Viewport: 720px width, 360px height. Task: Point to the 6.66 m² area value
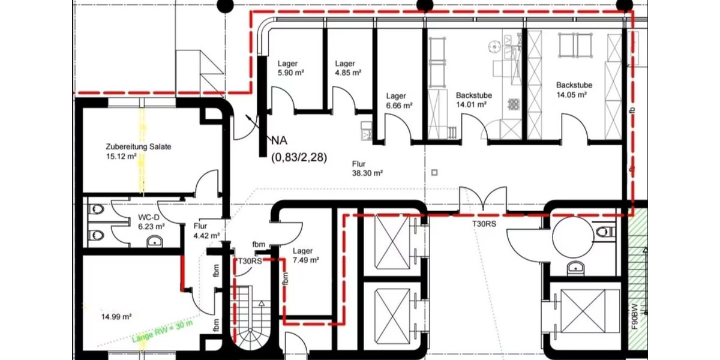click(399, 105)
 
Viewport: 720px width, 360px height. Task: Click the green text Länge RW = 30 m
click(162, 333)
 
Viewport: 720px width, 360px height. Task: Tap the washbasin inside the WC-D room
click(155, 242)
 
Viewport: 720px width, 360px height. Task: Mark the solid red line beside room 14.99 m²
click(182, 273)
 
